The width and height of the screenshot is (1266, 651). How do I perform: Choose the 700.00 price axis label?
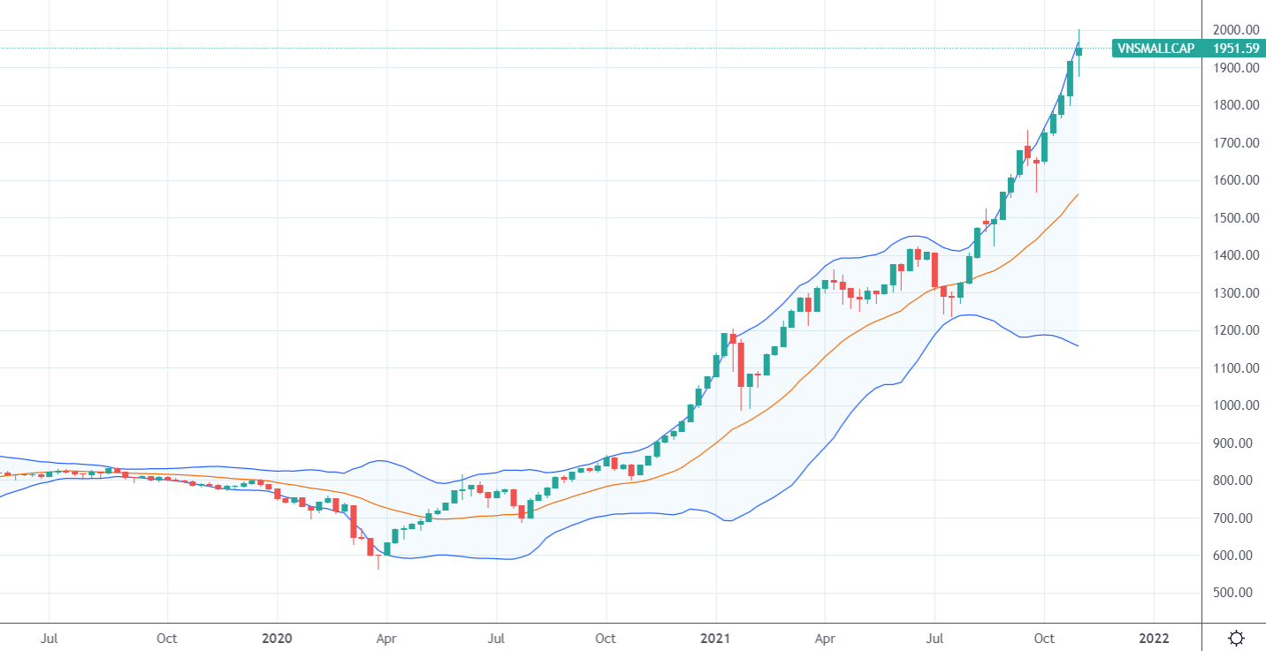[x=1232, y=519]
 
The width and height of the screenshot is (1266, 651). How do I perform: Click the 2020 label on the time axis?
[x=277, y=638]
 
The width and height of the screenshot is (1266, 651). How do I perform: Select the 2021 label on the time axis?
[x=715, y=638]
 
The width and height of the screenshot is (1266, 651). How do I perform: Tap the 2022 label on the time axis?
[x=1154, y=638]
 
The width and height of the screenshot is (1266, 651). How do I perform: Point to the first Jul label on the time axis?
[x=50, y=638]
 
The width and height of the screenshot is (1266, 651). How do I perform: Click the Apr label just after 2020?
[x=386, y=638]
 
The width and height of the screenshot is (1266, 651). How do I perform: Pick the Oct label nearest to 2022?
[x=1044, y=638]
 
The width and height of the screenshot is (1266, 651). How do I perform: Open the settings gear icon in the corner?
[x=1237, y=638]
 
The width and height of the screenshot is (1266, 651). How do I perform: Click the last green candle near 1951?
[x=1079, y=51]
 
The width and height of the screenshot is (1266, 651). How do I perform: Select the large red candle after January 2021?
[x=741, y=364]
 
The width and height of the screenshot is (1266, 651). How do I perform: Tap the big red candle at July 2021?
[x=934, y=269]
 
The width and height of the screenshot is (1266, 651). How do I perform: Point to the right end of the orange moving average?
[x=1078, y=194]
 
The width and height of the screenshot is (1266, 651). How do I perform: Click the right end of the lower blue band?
[x=1078, y=345]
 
